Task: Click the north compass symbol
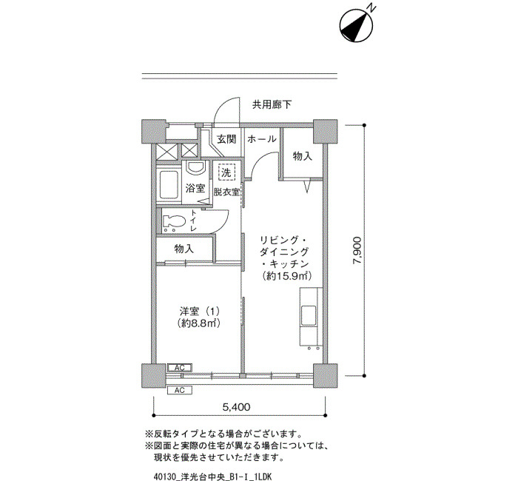click(x=357, y=25)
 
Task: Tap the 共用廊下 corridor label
click(x=272, y=105)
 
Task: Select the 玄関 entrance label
click(x=226, y=139)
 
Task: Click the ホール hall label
click(x=262, y=139)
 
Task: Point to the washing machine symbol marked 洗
click(x=226, y=172)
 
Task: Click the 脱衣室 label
click(x=226, y=192)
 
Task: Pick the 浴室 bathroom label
click(x=195, y=188)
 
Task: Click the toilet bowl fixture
click(x=174, y=222)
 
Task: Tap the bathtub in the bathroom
click(x=168, y=184)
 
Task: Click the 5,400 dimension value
click(x=236, y=407)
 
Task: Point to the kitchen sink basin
click(x=309, y=315)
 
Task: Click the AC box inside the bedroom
click(x=179, y=368)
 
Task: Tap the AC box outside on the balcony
click(x=179, y=390)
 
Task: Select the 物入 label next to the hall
click(x=303, y=156)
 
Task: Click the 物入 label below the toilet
click(x=184, y=249)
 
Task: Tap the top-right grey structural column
click(x=325, y=131)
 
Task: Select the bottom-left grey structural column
click(x=154, y=376)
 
